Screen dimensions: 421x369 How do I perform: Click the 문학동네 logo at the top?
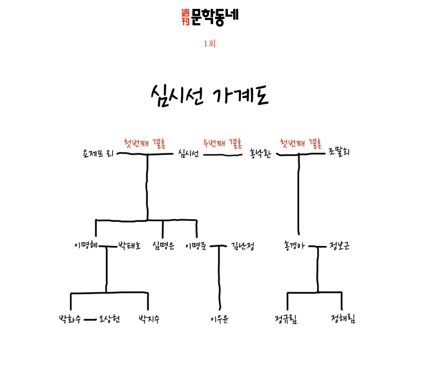[x=210, y=17]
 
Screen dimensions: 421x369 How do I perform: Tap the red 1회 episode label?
[x=209, y=44]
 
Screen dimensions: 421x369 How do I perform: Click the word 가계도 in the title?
[x=241, y=95]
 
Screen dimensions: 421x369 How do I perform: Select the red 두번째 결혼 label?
[x=222, y=143]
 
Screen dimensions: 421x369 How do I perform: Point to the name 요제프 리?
[x=98, y=153]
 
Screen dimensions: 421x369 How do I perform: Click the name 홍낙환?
[x=260, y=153]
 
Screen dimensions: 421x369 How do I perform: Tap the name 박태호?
[x=129, y=245]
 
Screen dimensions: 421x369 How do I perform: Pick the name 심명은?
[x=164, y=245]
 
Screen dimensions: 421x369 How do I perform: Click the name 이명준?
[x=196, y=246]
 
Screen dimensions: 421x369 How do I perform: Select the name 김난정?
[x=242, y=245]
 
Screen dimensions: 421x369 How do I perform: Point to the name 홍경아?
[x=294, y=245]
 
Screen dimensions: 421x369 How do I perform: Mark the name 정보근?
[x=339, y=245]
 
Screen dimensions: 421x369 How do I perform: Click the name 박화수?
[x=70, y=319]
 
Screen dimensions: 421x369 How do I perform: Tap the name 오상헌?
[x=109, y=319]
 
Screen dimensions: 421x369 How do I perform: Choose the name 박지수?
[x=149, y=319]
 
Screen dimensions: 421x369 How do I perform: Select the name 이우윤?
[x=220, y=319]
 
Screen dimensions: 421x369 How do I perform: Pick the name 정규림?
[x=286, y=319]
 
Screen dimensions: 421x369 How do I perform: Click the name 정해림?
[x=343, y=319]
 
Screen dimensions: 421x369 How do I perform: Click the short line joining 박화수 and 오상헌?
[x=90, y=320]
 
